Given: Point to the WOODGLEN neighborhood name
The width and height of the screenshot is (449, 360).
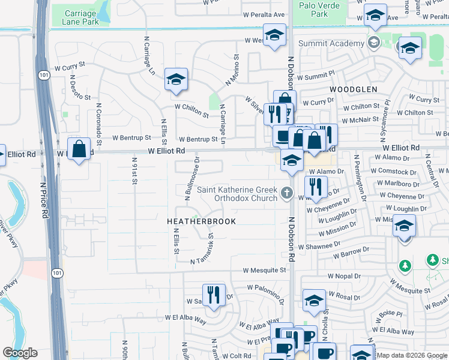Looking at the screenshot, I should click(353, 89).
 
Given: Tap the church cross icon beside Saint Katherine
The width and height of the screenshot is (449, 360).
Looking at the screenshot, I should click(287, 194).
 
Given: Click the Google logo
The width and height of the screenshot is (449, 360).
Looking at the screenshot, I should click(20, 353).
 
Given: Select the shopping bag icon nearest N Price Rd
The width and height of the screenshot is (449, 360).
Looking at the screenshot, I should click(79, 148).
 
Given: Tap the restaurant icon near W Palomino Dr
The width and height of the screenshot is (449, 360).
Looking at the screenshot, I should click(213, 295).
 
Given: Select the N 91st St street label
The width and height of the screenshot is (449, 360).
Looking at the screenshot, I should click(134, 171).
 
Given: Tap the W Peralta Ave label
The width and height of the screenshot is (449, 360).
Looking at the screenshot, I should click(262, 14).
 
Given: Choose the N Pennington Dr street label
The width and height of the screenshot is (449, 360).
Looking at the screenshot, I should click(361, 178).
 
